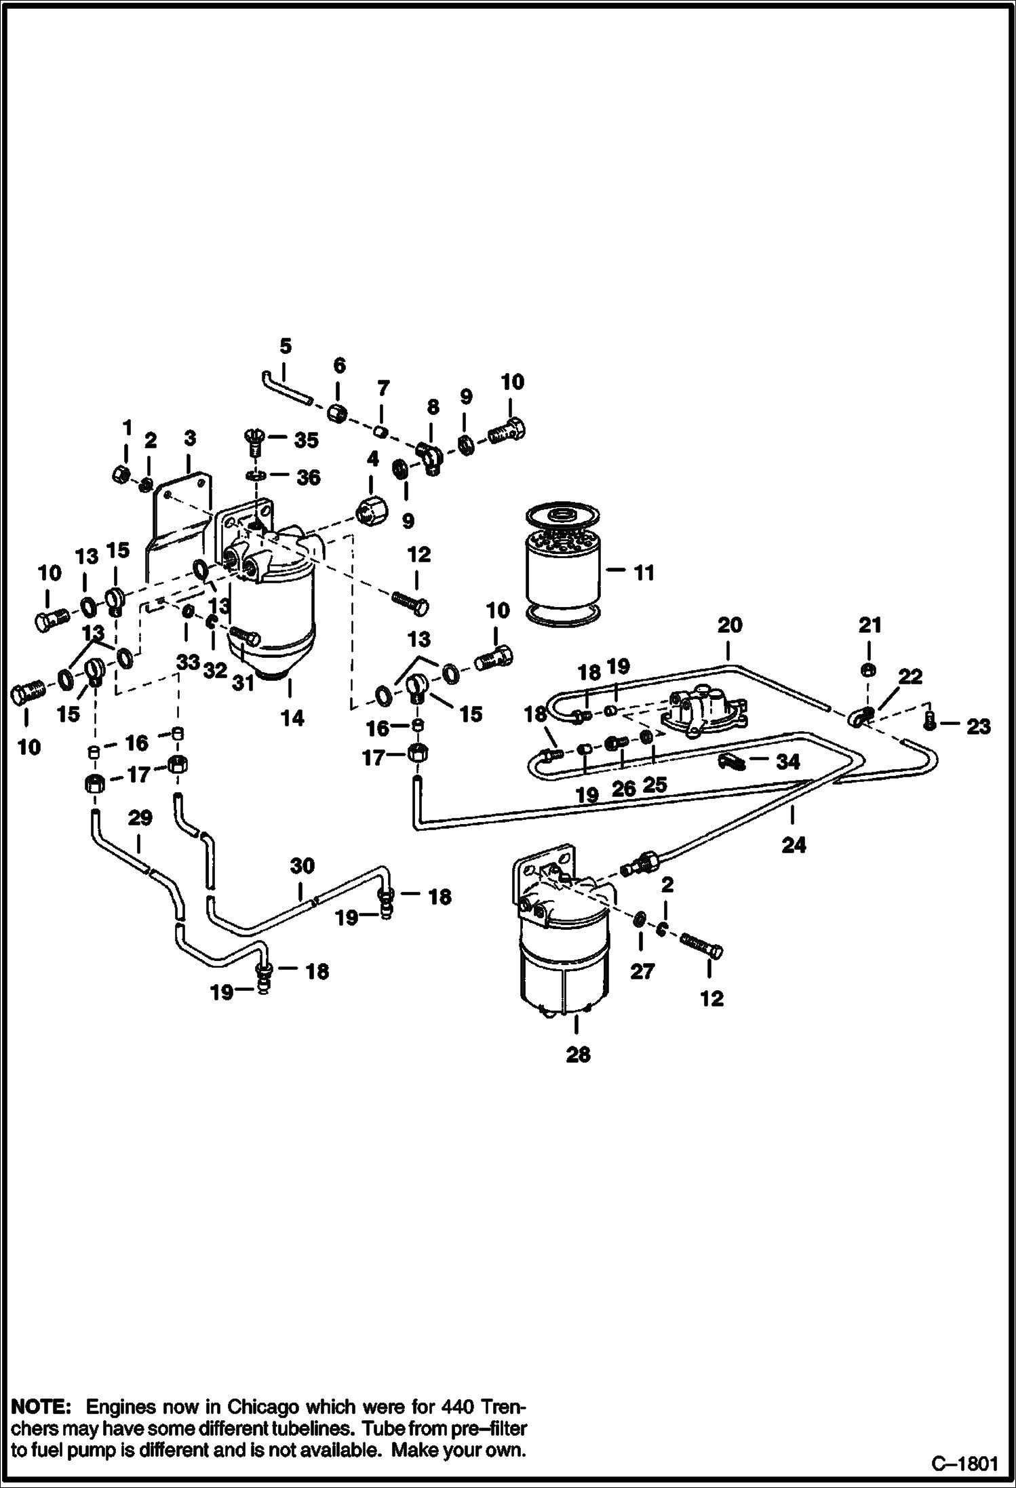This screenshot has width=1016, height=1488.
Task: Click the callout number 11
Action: click(643, 573)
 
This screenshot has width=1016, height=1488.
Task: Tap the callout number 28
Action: click(578, 1055)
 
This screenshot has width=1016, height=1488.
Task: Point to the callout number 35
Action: click(306, 440)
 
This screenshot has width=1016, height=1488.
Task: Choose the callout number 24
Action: click(794, 845)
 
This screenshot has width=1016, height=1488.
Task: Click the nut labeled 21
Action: click(867, 670)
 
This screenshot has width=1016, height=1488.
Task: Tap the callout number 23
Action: click(978, 726)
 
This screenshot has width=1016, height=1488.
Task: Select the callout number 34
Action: click(787, 762)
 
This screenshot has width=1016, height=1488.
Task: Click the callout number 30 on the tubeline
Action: click(302, 865)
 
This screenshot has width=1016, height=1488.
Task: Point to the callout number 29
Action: click(140, 818)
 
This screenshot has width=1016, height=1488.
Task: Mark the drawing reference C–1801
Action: click(964, 1464)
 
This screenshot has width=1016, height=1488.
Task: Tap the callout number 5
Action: click(286, 347)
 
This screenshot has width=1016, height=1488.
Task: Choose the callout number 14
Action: click(292, 718)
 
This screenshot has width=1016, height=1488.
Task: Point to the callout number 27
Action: click(642, 971)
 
